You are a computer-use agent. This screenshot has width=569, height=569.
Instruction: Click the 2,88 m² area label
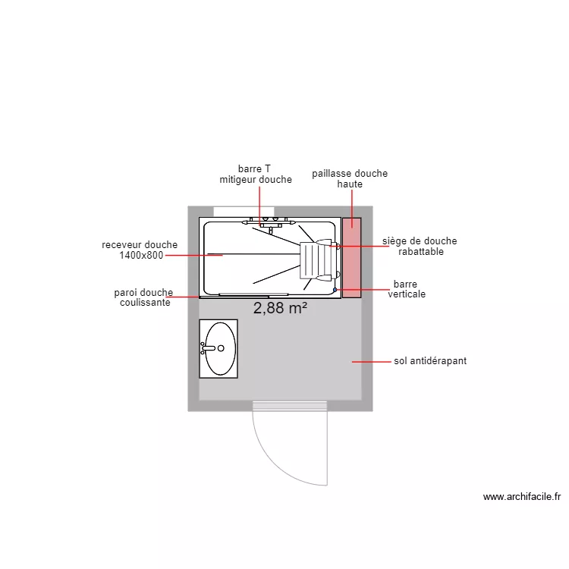[x=280, y=309]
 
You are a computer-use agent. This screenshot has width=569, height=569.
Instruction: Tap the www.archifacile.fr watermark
[x=522, y=497]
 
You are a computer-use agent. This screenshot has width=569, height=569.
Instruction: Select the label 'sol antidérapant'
[x=430, y=361]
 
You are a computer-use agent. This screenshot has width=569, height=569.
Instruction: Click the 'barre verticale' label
[x=407, y=289]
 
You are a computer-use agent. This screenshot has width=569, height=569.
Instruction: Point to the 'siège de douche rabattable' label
[x=420, y=246]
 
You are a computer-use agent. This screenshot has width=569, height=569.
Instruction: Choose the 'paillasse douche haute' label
[x=350, y=178]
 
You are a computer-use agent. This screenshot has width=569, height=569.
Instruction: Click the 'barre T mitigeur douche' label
[x=256, y=174]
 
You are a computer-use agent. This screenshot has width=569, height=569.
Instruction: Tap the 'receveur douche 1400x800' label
[x=140, y=250]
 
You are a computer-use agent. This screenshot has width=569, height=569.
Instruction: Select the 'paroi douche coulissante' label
[x=143, y=297]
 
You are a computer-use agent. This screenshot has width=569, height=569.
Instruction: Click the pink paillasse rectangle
[x=351, y=258]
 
